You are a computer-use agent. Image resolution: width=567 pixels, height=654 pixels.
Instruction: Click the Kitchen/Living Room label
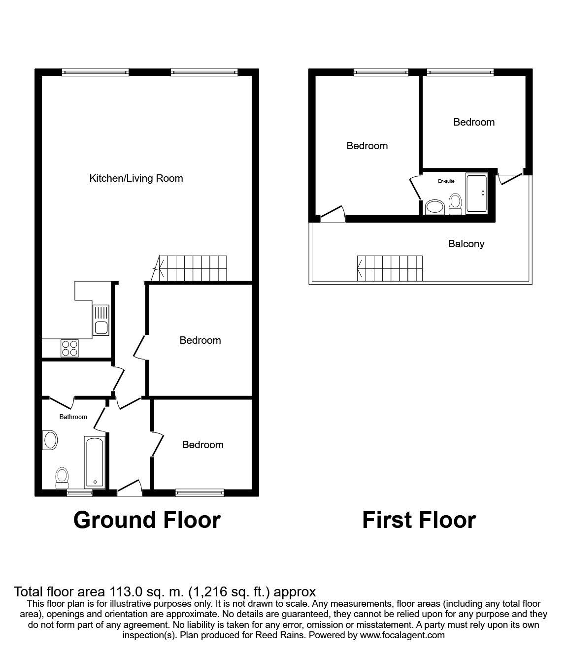[136, 178]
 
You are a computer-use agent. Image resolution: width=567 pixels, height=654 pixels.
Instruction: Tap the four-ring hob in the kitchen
[70, 348]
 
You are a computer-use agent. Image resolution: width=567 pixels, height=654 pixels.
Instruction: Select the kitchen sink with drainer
[101, 320]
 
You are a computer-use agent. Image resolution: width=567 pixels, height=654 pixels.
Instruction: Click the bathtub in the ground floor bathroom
[95, 462]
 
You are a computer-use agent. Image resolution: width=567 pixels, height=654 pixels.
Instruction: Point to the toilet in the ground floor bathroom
[62, 478]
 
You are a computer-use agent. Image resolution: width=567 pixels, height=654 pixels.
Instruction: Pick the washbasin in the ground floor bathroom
[50, 440]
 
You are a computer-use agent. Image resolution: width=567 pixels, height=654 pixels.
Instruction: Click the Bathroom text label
[73, 417]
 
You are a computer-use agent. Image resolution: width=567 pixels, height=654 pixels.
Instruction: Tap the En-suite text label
[446, 181]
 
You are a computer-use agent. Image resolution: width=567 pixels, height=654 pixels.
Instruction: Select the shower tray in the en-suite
[476, 194]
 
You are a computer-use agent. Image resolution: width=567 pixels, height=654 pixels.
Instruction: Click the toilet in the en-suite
[455, 204]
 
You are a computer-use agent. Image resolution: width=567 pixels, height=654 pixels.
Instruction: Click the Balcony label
[467, 244]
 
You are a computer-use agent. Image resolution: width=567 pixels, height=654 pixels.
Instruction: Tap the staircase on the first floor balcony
[390, 268]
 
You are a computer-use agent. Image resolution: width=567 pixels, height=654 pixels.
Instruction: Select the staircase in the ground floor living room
[189, 268]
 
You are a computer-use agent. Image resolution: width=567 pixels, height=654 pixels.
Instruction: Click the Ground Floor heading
[147, 520]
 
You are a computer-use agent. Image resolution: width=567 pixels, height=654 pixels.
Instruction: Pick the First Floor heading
[419, 520]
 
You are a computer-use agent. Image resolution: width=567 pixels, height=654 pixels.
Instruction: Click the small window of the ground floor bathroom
[79, 492]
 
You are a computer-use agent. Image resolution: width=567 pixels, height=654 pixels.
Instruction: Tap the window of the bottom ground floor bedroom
[200, 492]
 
